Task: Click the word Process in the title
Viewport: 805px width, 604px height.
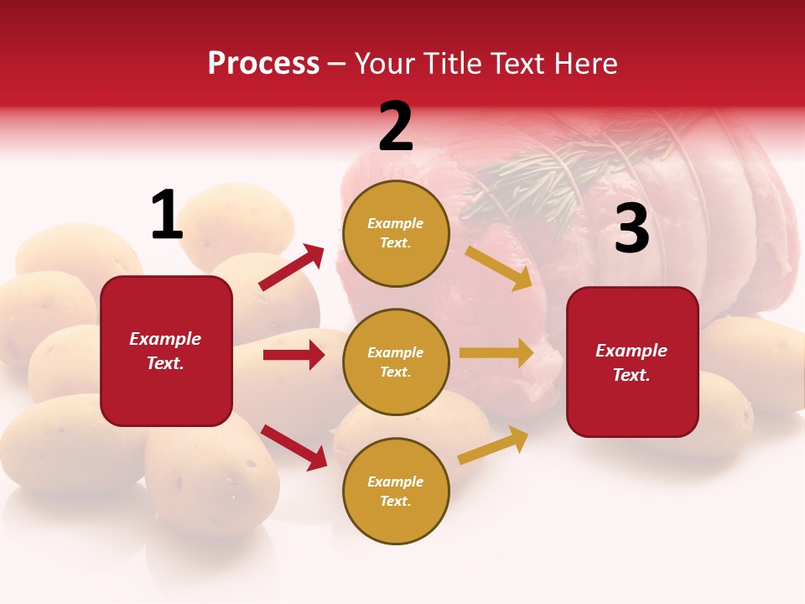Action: [x=263, y=63]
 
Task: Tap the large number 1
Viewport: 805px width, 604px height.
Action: [x=167, y=215]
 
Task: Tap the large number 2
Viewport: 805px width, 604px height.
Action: [x=396, y=127]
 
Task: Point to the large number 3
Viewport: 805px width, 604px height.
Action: [x=631, y=229]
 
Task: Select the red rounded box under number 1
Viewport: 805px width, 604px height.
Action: [x=166, y=351]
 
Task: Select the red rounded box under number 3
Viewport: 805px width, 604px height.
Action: [x=632, y=362]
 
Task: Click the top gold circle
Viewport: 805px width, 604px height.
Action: [x=396, y=233]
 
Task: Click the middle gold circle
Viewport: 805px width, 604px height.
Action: [x=396, y=362]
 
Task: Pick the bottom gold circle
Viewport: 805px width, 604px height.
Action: [x=396, y=491]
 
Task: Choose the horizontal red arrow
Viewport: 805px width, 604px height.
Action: [x=293, y=355]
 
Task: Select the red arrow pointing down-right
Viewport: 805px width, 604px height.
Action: [x=293, y=446]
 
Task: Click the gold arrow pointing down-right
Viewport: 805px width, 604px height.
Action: [x=499, y=268]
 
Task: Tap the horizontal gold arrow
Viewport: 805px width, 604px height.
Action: [x=496, y=352]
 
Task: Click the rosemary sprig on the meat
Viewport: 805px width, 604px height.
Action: [x=537, y=180]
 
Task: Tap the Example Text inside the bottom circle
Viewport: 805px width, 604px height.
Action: [x=396, y=491]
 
